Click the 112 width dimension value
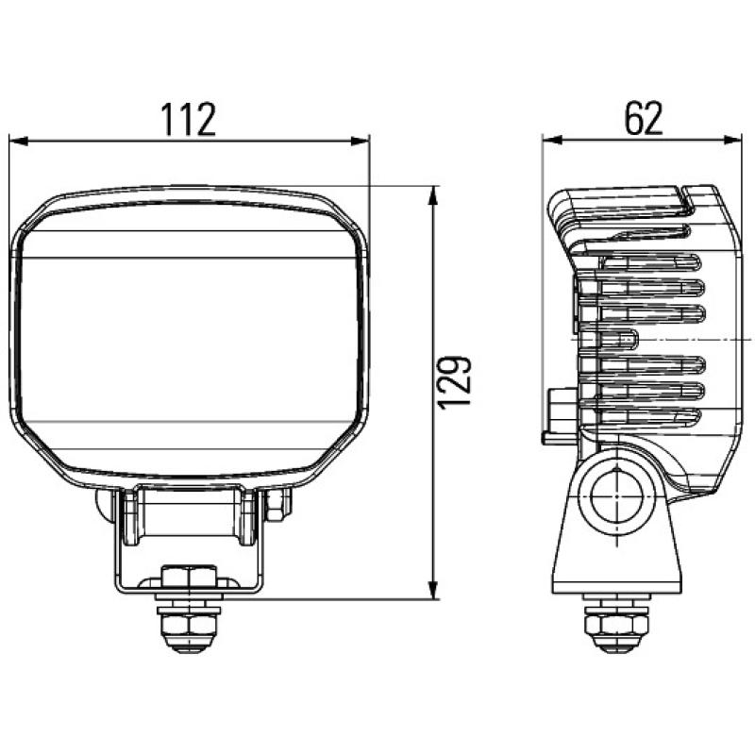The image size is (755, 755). (188, 121)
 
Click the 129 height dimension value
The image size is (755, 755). (454, 382)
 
